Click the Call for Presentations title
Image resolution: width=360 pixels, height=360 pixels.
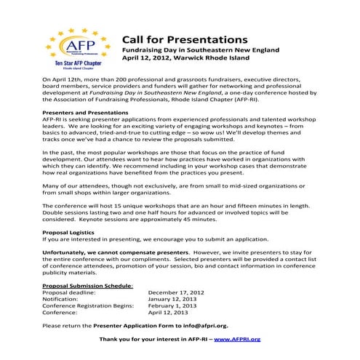184,39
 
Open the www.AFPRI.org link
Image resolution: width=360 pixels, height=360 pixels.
237,339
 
